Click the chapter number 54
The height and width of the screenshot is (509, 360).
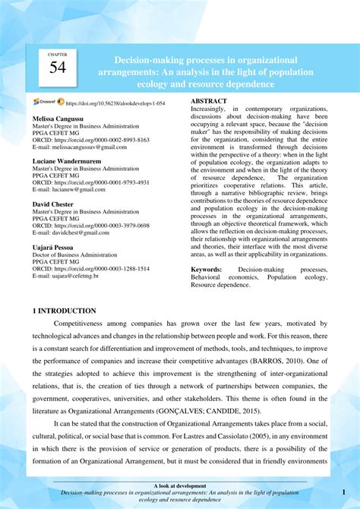coord(58,68)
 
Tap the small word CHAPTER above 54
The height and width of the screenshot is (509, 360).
coord(58,55)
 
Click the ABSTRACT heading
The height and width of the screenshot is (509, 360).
coord(209,101)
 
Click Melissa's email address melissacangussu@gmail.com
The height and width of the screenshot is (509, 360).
coord(84,147)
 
